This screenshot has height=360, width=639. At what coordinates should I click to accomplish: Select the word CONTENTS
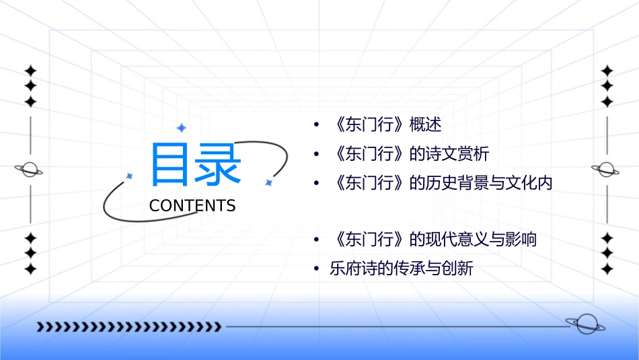192,206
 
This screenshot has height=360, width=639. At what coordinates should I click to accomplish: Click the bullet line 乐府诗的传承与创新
402,268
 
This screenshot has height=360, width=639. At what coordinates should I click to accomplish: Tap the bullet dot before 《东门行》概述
316,126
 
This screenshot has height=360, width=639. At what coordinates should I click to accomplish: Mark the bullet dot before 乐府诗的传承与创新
316,269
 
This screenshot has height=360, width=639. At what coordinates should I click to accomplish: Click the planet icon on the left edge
29,170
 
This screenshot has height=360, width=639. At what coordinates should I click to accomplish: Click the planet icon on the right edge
606,170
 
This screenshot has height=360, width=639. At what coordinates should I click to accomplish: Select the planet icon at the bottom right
585,324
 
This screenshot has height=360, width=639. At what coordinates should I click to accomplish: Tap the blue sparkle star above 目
180,127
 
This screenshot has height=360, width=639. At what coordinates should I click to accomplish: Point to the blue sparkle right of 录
268,182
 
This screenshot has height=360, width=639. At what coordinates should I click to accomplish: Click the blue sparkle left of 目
130,176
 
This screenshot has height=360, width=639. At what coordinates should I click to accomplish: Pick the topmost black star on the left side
30,71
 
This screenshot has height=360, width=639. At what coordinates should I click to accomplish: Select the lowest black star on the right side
607,268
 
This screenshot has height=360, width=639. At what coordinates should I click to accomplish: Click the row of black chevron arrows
128,327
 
